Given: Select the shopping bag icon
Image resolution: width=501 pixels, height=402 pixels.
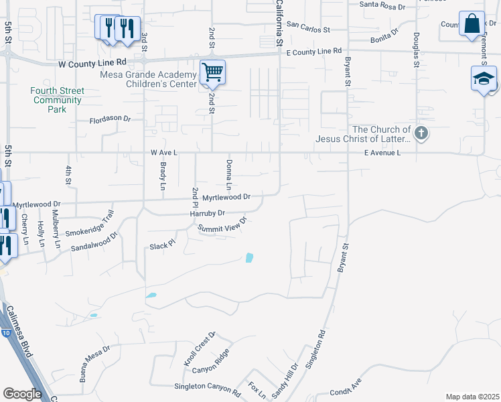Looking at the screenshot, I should (x=472, y=23).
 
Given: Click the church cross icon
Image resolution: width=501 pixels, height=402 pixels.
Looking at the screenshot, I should (x=421, y=133).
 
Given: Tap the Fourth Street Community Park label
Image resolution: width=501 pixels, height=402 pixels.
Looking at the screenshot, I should (x=58, y=100).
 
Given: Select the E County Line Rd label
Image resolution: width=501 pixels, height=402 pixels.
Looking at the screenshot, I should (x=313, y=51).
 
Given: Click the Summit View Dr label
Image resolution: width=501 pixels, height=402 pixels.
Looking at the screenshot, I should (x=223, y=224).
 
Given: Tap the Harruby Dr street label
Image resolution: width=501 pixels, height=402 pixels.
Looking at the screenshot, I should (x=208, y=213).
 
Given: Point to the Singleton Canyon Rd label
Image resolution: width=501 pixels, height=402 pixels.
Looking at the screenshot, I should (x=206, y=388).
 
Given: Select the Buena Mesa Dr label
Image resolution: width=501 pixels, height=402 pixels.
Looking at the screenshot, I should (x=94, y=364).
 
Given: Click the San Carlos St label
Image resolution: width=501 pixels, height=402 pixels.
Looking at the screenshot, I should (x=308, y=27).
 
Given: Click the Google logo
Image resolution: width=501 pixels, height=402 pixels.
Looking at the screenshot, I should (x=22, y=393).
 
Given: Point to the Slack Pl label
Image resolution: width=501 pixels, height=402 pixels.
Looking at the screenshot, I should (x=161, y=245).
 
